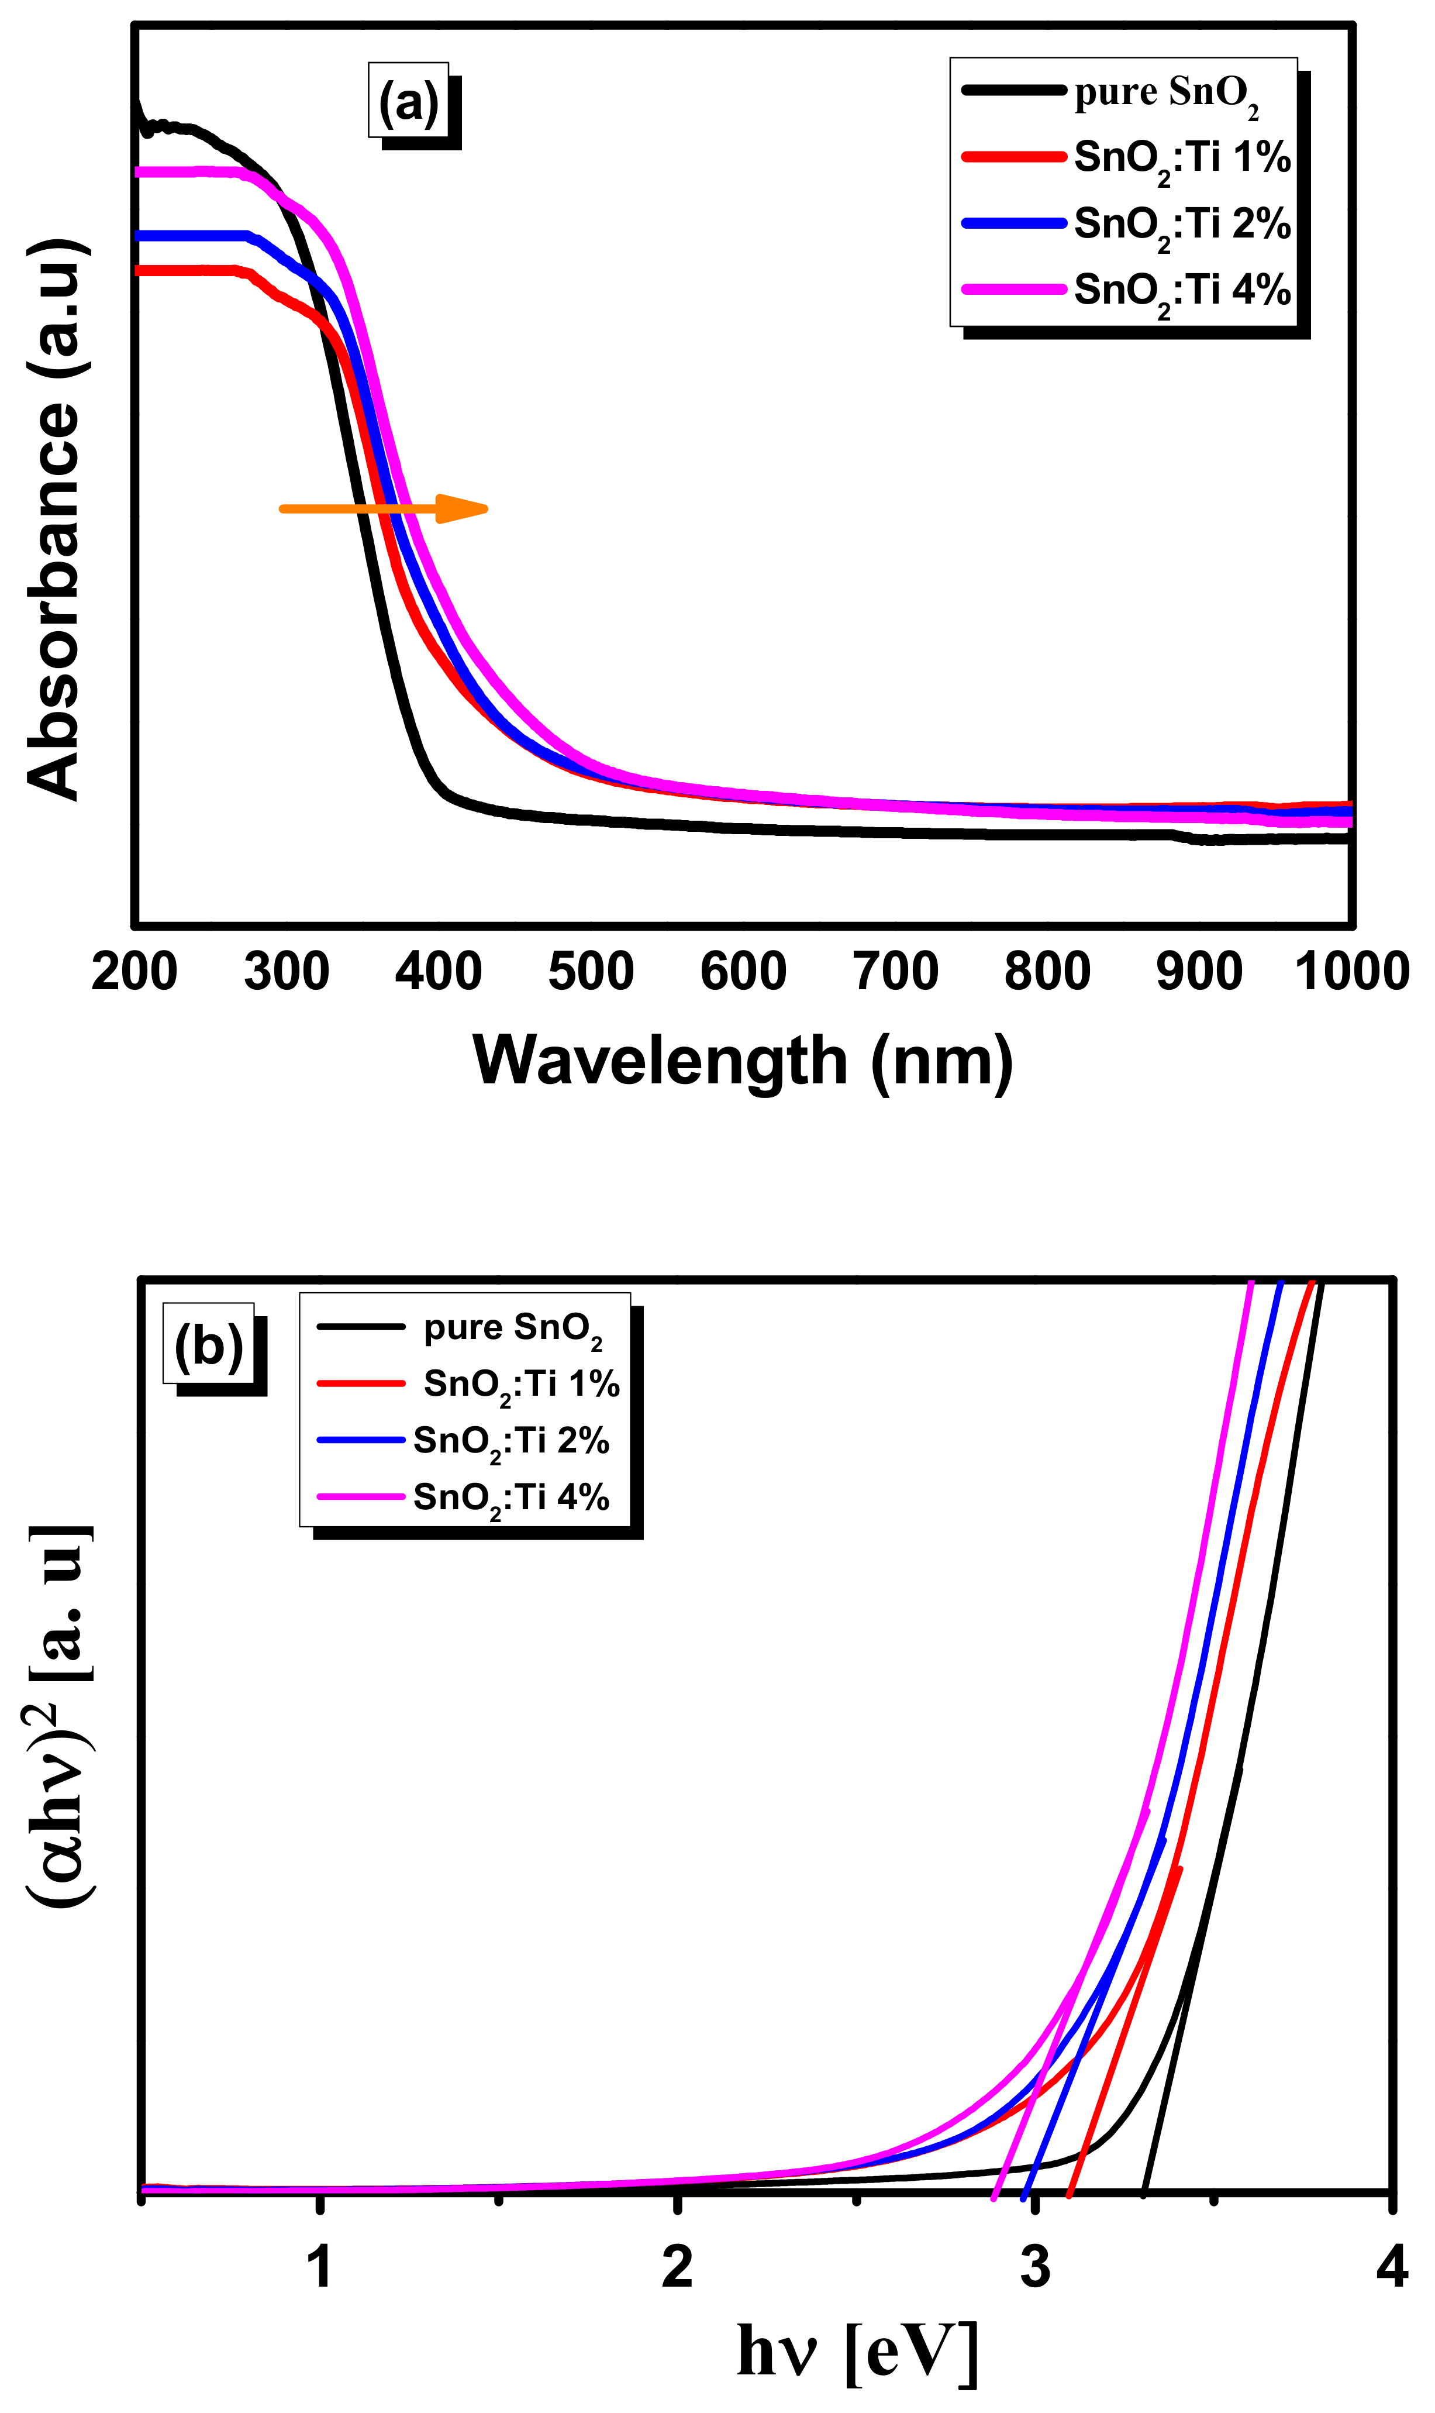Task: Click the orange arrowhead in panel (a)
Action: tap(462, 509)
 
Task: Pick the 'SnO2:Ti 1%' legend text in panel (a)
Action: tap(1182, 157)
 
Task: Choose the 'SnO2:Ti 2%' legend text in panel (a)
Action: tap(1182, 225)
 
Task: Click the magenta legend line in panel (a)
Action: tap(1013, 289)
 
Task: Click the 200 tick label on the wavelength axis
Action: tap(134, 971)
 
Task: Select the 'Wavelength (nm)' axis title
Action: tap(743, 1061)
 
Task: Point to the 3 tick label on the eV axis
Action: tap(1034, 2267)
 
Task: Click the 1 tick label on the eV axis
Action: tap(320, 2267)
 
